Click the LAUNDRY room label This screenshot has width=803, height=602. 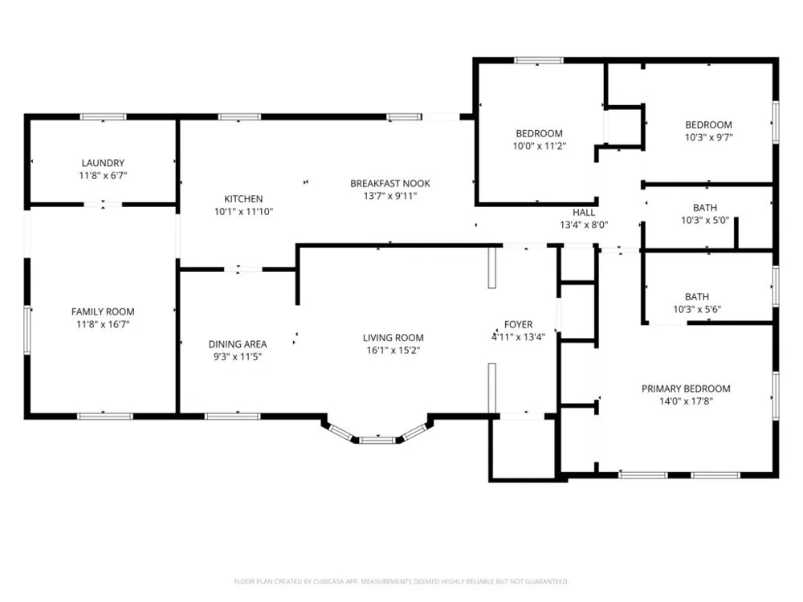[x=103, y=163]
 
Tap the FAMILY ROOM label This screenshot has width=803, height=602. [x=103, y=311]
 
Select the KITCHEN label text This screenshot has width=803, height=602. [x=243, y=198]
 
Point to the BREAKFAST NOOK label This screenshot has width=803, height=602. [x=390, y=183]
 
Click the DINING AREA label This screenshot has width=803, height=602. [x=238, y=344]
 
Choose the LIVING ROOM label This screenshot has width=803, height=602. [x=393, y=337]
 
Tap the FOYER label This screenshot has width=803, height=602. [x=518, y=324]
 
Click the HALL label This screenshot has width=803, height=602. [x=584, y=212]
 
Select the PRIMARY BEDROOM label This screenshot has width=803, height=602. [x=686, y=388]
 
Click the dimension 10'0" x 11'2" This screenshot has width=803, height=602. [x=540, y=146]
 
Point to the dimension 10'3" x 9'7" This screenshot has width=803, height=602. [x=709, y=137]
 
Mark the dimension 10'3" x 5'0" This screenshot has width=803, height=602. [x=705, y=220]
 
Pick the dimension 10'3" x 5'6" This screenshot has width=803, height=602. [x=697, y=309]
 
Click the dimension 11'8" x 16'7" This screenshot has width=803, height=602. [x=103, y=324]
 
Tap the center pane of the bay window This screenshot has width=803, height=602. [x=377, y=440]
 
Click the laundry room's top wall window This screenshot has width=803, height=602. [x=103, y=116]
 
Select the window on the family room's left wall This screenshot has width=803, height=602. [x=27, y=330]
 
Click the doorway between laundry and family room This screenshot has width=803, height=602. [x=103, y=205]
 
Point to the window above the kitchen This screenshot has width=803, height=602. [x=239, y=116]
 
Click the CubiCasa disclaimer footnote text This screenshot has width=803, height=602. [x=401, y=581]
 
